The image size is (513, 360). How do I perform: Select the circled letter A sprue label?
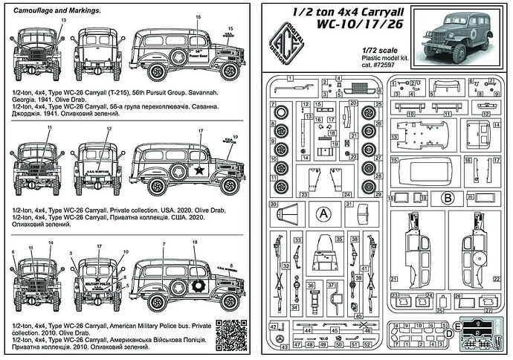pos(323,213)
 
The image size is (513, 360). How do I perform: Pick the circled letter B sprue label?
pos(448,197)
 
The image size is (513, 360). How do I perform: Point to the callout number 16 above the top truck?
pos(198,16)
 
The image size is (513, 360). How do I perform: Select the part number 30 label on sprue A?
pos(274,204)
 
